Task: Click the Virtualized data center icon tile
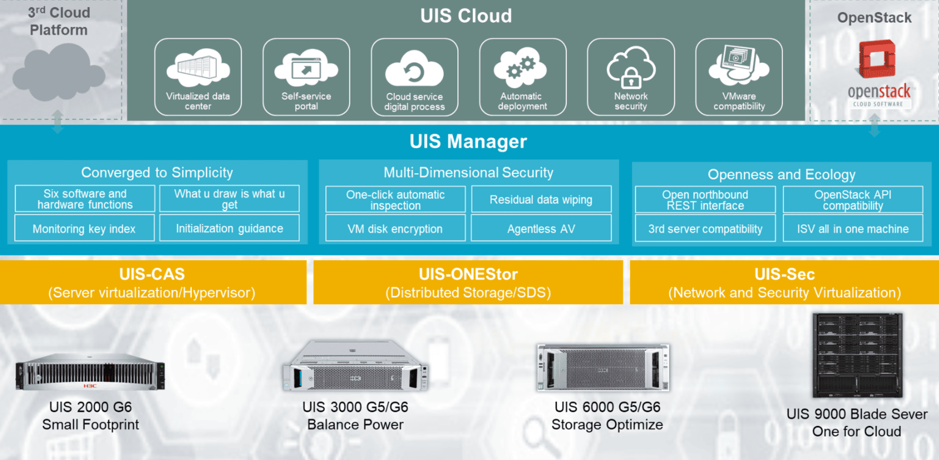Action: tap(198, 77)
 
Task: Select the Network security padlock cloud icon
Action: tap(631, 68)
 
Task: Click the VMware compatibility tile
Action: tap(739, 77)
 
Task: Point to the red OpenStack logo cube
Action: tap(877, 58)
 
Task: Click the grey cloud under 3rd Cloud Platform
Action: tap(58, 73)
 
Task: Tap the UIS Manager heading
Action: tap(468, 142)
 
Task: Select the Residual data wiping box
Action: tap(541, 200)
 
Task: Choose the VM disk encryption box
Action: tap(395, 229)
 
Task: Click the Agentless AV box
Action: tap(541, 229)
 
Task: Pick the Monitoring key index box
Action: tap(85, 229)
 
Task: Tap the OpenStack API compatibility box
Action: tap(853, 200)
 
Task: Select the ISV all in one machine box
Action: tap(853, 229)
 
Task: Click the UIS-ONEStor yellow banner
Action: tap(468, 283)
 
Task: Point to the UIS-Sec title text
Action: tap(785, 274)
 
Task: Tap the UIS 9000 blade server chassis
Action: tap(857, 355)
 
